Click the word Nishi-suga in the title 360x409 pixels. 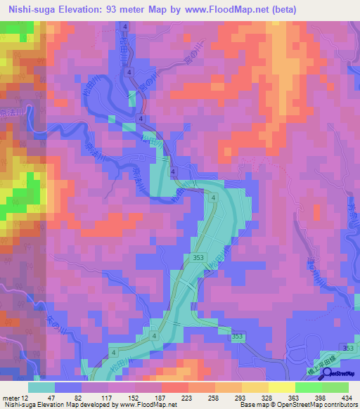click(32, 9)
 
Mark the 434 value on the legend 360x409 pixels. click(347, 397)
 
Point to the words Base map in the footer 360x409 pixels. click(252, 405)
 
